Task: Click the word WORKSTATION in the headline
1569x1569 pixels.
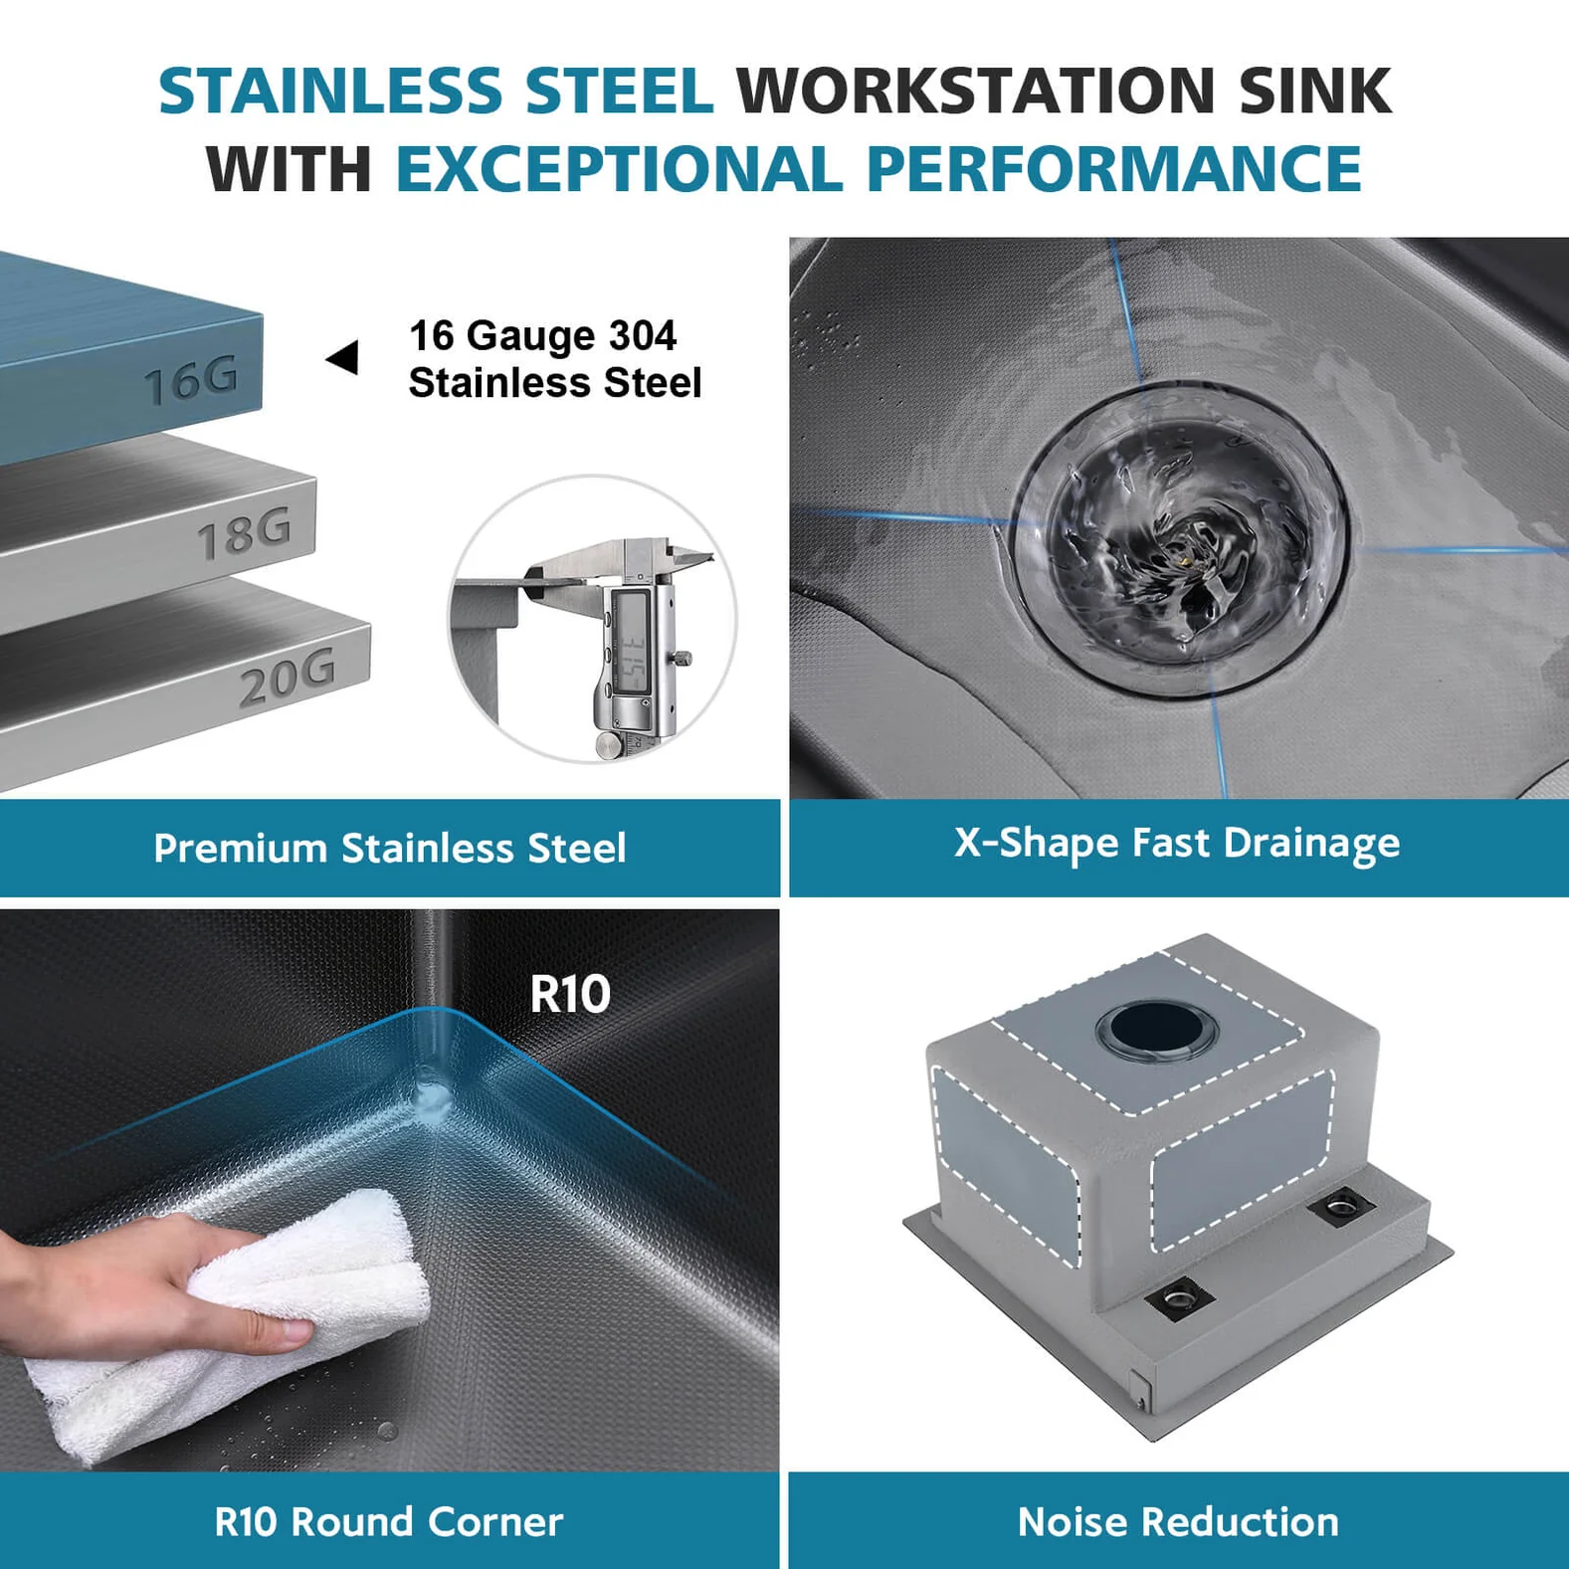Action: pyautogui.click(x=975, y=92)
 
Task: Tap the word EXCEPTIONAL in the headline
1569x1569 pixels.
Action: pyautogui.click(x=619, y=169)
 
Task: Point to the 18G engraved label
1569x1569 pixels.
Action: pyautogui.click(x=244, y=533)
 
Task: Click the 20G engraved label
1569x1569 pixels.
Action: pyautogui.click(x=288, y=680)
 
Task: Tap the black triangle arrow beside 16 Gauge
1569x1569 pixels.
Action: pyautogui.click(x=343, y=358)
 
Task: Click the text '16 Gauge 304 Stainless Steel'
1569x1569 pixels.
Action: pyautogui.click(x=554, y=359)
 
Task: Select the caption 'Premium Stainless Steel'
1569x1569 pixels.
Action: pyautogui.click(x=389, y=849)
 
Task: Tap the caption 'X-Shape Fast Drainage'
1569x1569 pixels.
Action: pyautogui.click(x=1177, y=844)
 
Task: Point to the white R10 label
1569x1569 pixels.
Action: pyautogui.click(x=569, y=994)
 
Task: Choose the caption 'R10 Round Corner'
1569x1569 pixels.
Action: pyautogui.click(x=388, y=1522)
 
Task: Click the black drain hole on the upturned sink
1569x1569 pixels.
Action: pyautogui.click(x=1156, y=1029)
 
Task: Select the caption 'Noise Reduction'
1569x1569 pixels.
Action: pyautogui.click(x=1178, y=1522)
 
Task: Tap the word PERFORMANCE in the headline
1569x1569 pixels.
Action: pyautogui.click(x=1113, y=169)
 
